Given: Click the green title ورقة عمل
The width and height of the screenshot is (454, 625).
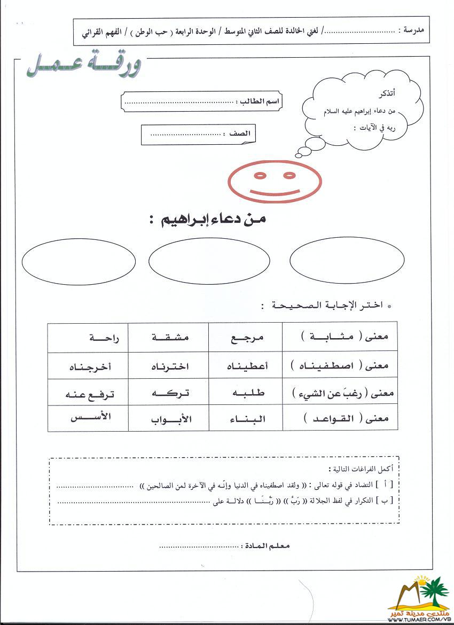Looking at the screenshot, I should point(84,67).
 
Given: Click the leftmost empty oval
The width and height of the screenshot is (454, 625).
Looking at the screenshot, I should point(79,260).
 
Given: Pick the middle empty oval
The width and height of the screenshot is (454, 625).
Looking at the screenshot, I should point(209,261).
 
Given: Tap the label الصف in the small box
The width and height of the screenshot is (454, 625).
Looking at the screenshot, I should point(239,133).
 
